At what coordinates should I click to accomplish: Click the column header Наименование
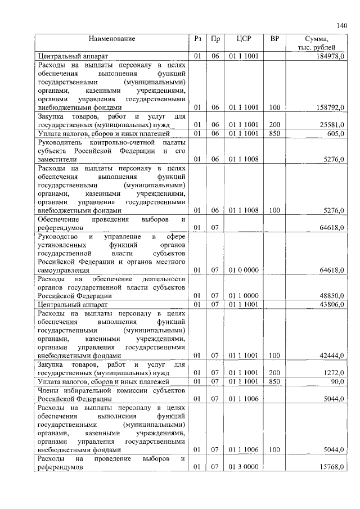point(111,39)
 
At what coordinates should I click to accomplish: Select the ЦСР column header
point(244,39)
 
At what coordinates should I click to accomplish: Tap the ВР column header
point(274,39)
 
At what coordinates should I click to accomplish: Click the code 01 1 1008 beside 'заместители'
point(244,160)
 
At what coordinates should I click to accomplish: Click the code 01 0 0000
point(244,270)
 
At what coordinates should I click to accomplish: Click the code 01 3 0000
point(244,467)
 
